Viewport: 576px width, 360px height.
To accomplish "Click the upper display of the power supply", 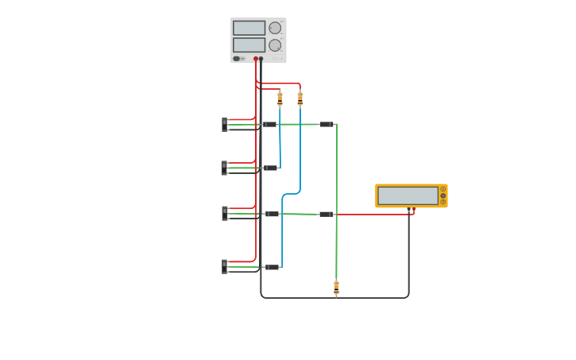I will [249, 28].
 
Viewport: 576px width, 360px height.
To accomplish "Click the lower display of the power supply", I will [249, 45].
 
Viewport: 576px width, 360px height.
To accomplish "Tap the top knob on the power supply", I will [275, 28].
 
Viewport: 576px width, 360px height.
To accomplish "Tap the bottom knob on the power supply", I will [275, 45].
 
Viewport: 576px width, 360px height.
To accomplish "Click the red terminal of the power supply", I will [256, 59].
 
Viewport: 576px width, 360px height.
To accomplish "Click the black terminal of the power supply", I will [261, 59].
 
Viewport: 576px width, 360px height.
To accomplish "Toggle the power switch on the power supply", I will [237, 59].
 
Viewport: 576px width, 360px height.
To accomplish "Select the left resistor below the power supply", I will [280, 99].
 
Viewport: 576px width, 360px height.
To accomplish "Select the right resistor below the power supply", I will [300, 99].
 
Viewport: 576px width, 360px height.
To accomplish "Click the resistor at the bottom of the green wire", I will [336, 288].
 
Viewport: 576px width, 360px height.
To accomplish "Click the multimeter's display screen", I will [408, 195].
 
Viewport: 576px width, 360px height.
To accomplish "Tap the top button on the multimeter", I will [443, 189].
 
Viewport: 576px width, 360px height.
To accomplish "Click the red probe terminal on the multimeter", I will [414, 209].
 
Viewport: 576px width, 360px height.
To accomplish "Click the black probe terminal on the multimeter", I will [409, 209].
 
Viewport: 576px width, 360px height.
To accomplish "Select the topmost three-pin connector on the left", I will [225, 124].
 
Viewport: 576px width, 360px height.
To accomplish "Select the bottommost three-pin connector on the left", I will [225, 266].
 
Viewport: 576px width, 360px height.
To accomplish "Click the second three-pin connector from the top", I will [225, 168].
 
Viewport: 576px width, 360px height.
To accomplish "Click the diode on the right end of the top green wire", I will [326, 124].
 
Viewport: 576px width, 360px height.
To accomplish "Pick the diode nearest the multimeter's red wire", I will [325, 214].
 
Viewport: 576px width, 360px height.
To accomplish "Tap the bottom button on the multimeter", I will [443, 202].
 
